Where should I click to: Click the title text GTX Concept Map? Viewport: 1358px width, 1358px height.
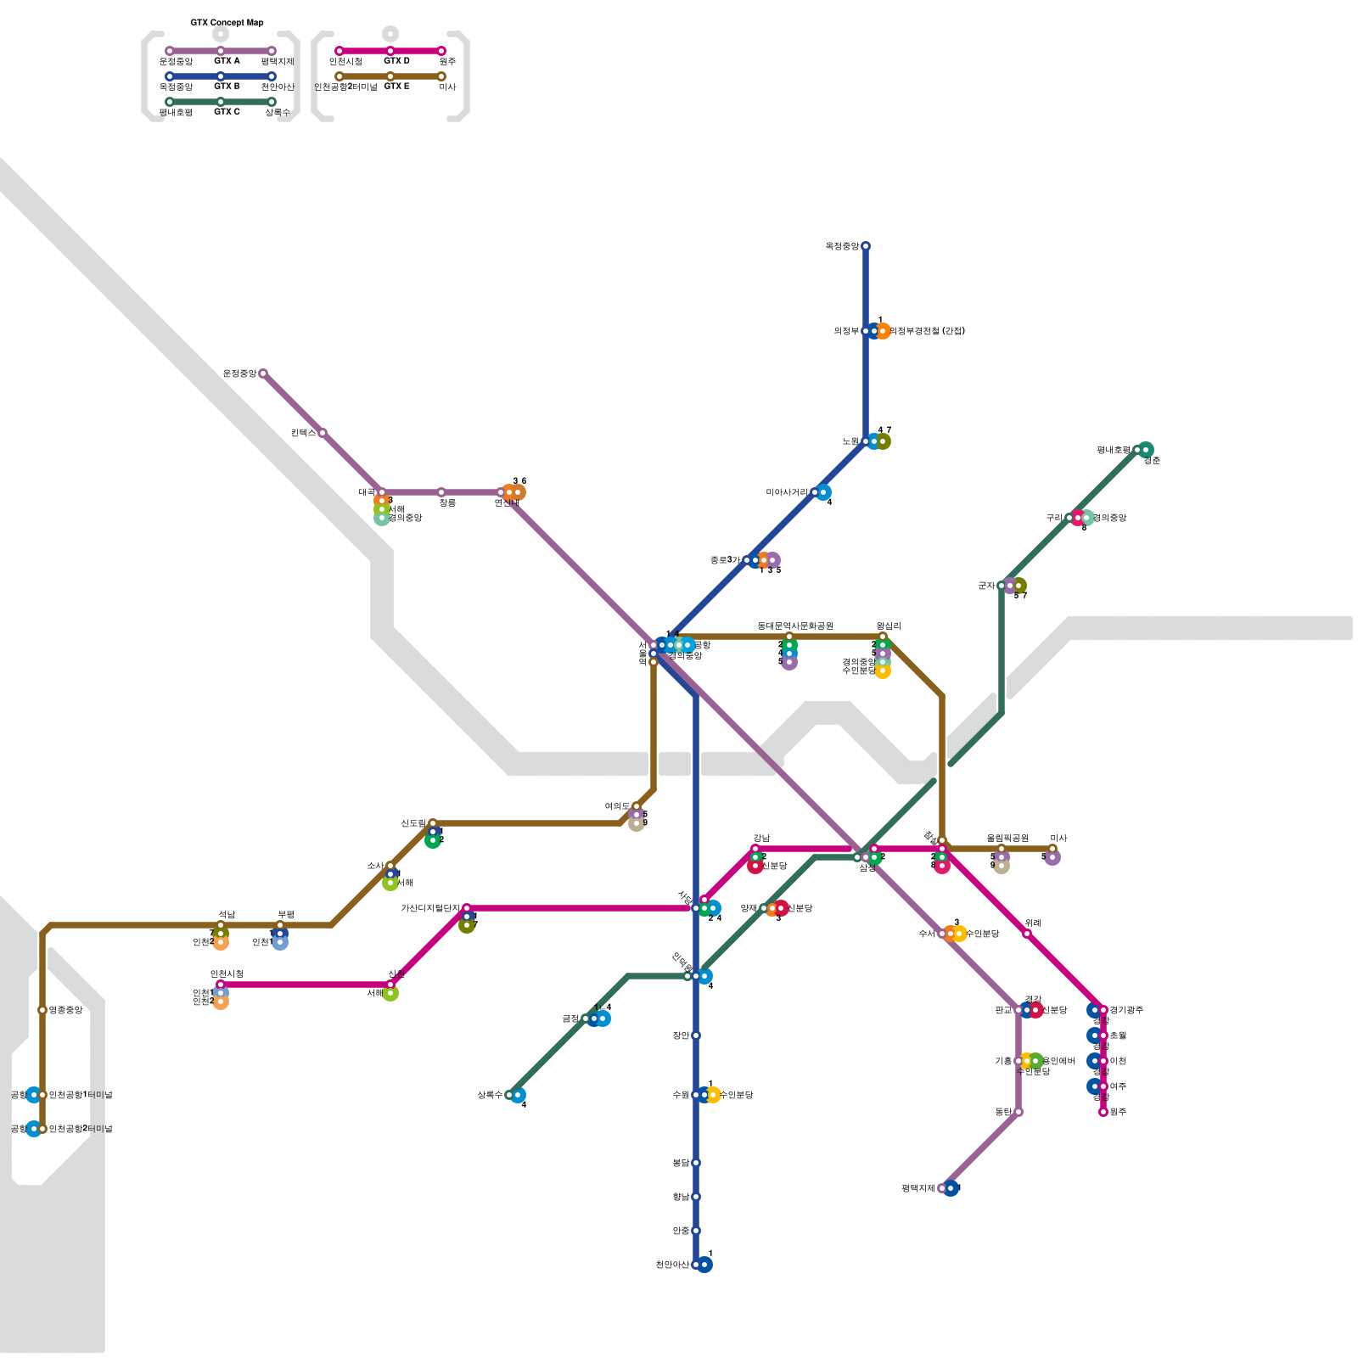click(227, 23)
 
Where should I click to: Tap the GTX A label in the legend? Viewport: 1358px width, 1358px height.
click(227, 61)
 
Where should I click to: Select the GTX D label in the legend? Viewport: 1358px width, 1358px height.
click(396, 61)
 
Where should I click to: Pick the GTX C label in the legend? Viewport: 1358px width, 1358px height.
click(227, 112)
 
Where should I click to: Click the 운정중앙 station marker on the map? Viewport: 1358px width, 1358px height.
click(263, 373)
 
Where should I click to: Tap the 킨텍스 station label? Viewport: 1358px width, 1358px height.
click(302, 433)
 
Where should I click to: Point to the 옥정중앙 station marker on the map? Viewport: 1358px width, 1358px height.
click(866, 246)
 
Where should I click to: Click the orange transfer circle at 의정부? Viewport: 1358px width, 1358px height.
click(884, 331)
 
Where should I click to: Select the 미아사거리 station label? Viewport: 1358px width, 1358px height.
click(787, 492)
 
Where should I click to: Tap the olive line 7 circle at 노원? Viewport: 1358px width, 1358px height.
click(884, 441)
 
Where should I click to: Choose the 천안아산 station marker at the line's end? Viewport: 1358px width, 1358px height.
click(696, 1265)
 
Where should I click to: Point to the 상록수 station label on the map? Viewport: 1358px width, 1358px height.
click(490, 1095)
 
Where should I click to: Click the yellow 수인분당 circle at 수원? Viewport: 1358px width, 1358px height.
click(714, 1095)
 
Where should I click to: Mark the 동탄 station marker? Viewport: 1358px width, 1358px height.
click(1018, 1112)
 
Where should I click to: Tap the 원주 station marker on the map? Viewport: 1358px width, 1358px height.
click(1103, 1112)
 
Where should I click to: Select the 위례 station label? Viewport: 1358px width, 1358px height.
click(1033, 923)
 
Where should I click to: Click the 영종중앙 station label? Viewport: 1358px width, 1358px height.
click(65, 1010)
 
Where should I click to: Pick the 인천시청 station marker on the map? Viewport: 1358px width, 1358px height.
click(221, 985)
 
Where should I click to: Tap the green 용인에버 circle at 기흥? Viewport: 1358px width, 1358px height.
click(1036, 1061)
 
